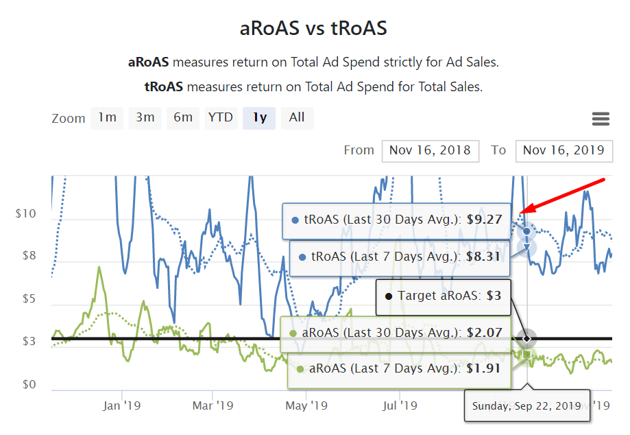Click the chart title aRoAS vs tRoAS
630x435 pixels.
click(x=313, y=29)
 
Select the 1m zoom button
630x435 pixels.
click(x=107, y=117)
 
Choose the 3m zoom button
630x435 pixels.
click(x=145, y=117)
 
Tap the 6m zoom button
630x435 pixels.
click(x=183, y=117)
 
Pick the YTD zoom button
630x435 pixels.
click(x=221, y=117)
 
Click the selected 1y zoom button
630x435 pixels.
click(x=259, y=117)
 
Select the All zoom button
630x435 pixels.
click(x=297, y=117)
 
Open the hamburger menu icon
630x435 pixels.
click(x=601, y=119)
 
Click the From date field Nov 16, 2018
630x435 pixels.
click(x=430, y=150)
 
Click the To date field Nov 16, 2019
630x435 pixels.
click(x=564, y=150)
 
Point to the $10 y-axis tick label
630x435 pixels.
click(x=25, y=214)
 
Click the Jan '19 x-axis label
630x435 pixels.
click(x=122, y=405)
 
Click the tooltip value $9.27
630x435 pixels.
click(x=484, y=220)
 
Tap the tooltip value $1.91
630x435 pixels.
click(x=484, y=368)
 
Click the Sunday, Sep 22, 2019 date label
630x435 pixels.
click(x=526, y=405)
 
